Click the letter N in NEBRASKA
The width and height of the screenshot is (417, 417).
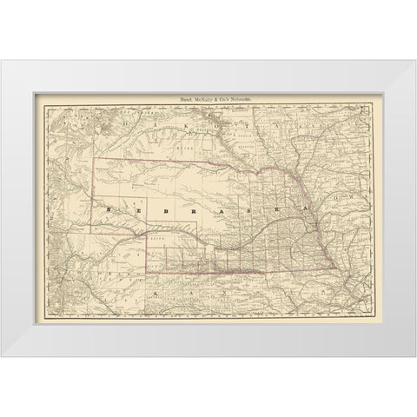click(x=108, y=210)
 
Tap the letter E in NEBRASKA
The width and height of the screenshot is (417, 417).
click(x=130, y=210)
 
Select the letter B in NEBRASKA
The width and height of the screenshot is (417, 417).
click(x=154, y=210)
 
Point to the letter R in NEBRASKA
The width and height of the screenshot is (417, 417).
click(x=177, y=210)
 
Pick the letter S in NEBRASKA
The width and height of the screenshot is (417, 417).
click(x=228, y=210)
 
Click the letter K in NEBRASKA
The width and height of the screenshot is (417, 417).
click(x=251, y=210)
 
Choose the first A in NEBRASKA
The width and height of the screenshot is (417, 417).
click(x=202, y=210)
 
